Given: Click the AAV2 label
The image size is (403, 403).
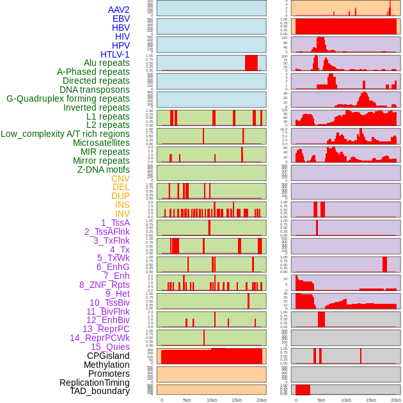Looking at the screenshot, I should click(x=119, y=10).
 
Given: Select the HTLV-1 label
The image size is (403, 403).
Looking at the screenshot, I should click(x=115, y=54).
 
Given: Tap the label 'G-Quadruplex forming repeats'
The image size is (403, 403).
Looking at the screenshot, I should click(x=68, y=99).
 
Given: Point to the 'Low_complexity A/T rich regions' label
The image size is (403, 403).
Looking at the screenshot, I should click(x=65, y=134).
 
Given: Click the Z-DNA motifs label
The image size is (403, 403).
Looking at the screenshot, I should click(x=104, y=170).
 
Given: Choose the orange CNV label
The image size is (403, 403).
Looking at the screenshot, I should click(x=120, y=178).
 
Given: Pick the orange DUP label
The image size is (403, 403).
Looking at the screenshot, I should click(x=120, y=196).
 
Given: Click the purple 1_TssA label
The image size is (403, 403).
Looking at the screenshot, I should click(x=115, y=223).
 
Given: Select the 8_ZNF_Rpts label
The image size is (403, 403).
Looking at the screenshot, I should click(x=104, y=285).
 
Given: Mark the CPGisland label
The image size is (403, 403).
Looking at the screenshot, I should click(x=108, y=356).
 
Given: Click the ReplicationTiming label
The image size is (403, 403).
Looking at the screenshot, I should click(x=95, y=383).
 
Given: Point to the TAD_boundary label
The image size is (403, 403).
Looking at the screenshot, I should click(x=100, y=391).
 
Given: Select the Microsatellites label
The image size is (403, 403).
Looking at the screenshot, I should click(x=101, y=143).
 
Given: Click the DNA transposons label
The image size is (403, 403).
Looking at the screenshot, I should click(x=95, y=90).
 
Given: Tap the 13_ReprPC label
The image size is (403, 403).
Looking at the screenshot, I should click(x=106, y=329).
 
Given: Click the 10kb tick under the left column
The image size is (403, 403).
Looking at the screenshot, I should click(x=211, y=400).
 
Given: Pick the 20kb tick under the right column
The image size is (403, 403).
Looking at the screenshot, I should click(x=395, y=400).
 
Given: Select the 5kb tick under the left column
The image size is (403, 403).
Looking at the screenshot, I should click(x=187, y=400).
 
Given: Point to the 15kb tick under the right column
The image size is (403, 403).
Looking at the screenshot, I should click(x=370, y=400).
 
